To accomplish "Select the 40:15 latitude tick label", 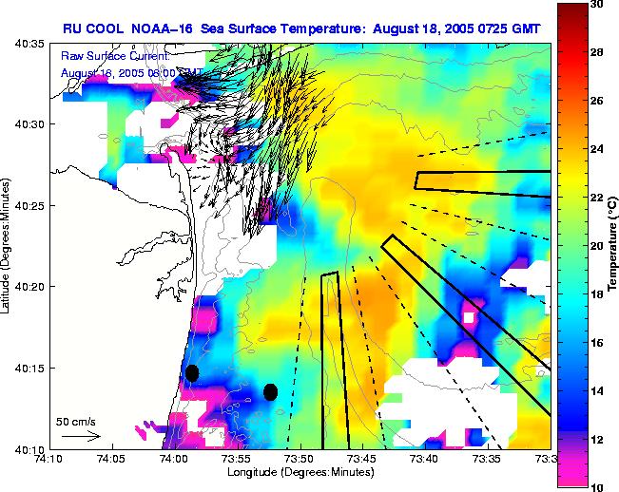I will [x=29, y=368].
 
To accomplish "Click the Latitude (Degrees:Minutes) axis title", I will [x=8, y=246].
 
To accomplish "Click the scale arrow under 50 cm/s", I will [x=80, y=436].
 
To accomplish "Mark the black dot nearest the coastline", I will [x=192, y=372].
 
